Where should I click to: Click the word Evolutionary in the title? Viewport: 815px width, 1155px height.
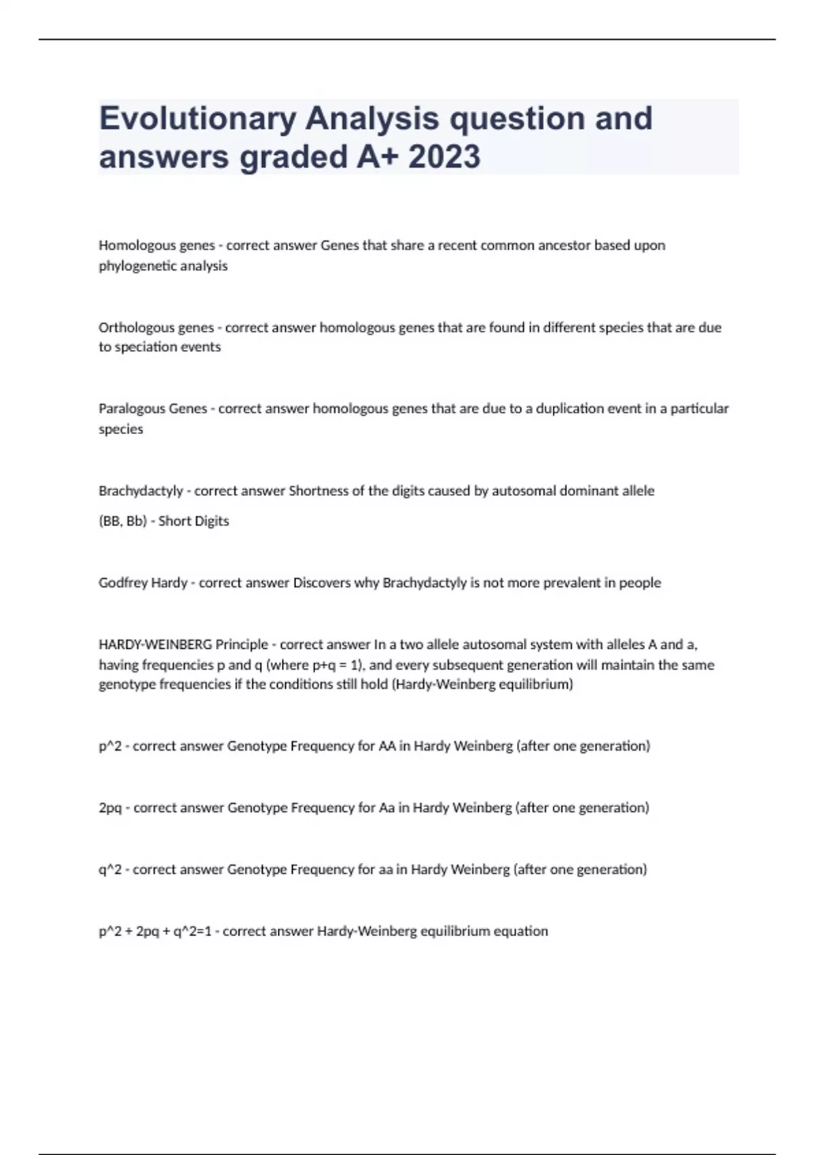pos(198,119)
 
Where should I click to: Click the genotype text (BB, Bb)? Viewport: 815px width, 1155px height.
pos(123,521)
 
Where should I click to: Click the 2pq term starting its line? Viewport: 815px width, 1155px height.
pos(110,808)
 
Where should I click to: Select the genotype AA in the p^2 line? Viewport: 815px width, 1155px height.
pos(387,746)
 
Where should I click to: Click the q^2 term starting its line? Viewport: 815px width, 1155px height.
pos(110,870)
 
